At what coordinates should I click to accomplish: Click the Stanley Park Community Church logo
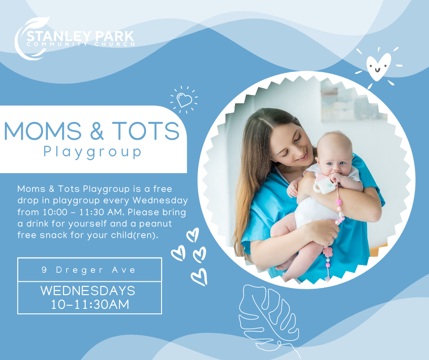click(x=74, y=38)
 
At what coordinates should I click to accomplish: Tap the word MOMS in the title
click(x=43, y=131)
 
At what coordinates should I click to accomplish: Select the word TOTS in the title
click(x=146, y=131)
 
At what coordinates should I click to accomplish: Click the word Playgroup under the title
click(x=93, y=152)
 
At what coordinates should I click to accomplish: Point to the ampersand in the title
click(x=97, y=131)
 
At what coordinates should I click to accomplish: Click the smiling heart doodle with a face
click(x=378, y=67)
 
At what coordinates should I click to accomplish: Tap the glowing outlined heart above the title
click(x=184, y=100)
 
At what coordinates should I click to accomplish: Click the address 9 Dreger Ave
click(x=89, y=270)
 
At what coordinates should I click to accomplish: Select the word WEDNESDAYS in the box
click(x=88, y=291)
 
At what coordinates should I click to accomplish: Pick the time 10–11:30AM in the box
click(x=90, y=305)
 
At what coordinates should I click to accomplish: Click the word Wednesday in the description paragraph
click(x=160, y=201)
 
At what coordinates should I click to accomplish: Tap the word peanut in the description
click(x=156, y=224)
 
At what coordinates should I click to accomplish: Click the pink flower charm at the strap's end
click(x=328, y=252)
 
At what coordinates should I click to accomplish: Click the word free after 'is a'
click(x=162, y=189)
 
